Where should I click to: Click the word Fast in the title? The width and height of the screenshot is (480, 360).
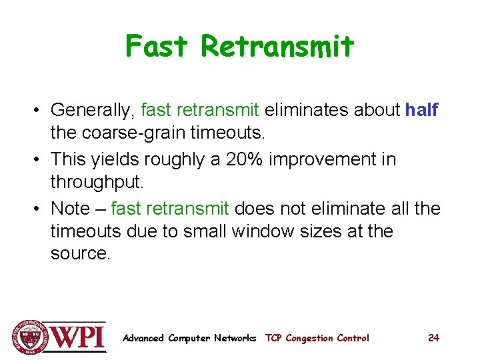[x=158, y=47]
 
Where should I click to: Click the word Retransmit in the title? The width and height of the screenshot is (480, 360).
[x=277, y=47]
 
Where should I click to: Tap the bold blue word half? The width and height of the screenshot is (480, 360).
[x=421, y=110]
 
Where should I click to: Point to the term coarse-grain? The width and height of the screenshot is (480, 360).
[x=141, y=133]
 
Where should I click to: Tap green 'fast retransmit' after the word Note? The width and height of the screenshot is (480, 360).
[x=170, y=209]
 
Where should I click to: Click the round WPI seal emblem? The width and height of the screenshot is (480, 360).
[x=28, y=337]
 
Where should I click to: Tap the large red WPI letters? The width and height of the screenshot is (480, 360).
[x=78, y=337]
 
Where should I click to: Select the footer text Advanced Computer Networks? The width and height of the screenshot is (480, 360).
[x=189, y=338]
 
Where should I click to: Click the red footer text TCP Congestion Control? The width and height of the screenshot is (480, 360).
[x=317, y=338]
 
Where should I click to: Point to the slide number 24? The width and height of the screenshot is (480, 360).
[x=433, y=338]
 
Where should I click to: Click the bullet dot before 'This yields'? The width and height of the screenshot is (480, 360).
[x=39, y=160]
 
